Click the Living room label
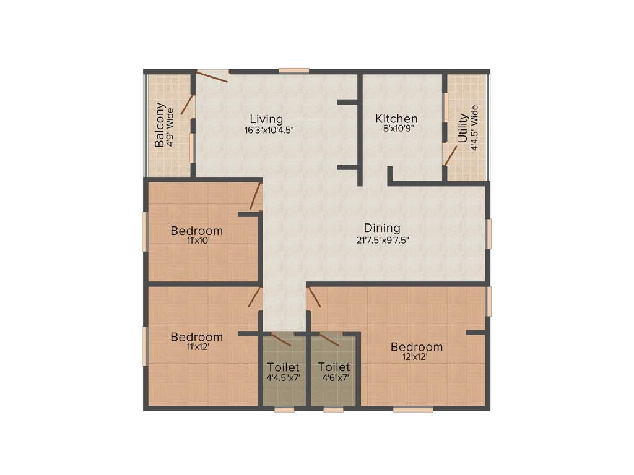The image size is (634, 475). (x=266, y=119)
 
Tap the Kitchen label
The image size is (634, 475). (x=396, y=119)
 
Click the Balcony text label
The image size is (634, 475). (x=160, y=125)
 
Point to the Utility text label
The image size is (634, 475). (x=463, y=129)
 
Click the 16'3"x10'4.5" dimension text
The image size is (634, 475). (x=269, y=130)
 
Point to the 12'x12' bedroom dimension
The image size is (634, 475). (x=417, y=357)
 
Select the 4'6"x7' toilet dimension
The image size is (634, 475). (x=334, y=377)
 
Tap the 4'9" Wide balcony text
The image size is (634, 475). (x=169, y=126)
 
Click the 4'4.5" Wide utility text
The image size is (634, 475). (x=475, y=129)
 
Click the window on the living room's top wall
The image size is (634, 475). (x=293, y=71)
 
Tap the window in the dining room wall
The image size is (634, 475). (x=489, y=234)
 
